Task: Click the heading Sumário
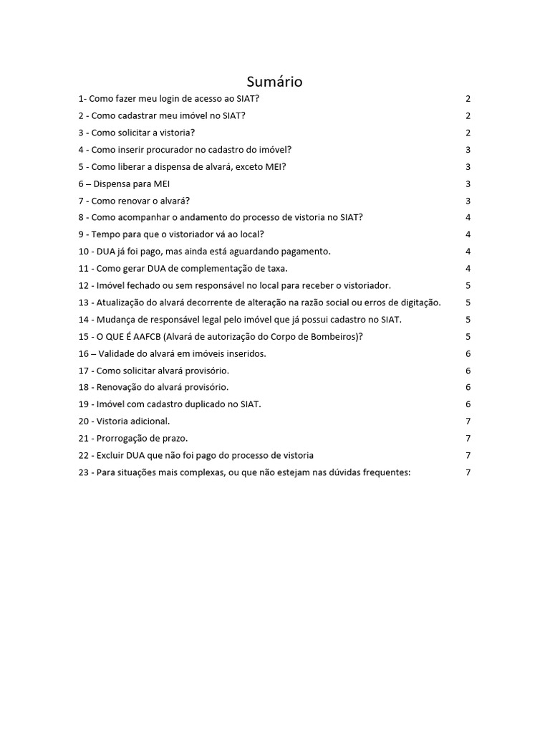[x=274, y=82]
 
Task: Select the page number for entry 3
[x=468, y=133]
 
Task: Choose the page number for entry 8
[x=468, y=217]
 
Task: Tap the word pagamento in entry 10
[x=302, y=252]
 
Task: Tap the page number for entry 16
[x=468, y=353]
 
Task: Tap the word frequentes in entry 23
[x=385, y=472]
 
